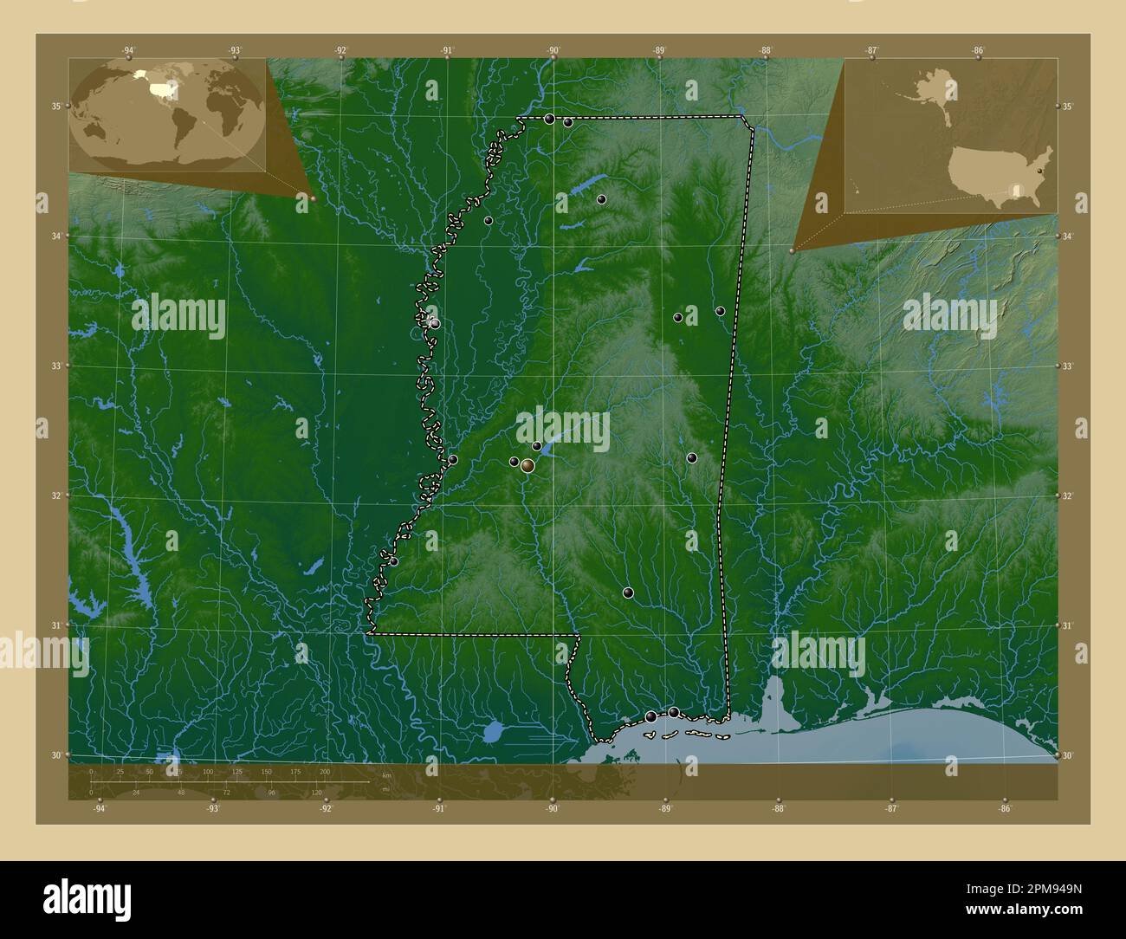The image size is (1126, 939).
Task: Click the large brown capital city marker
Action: (527, 466)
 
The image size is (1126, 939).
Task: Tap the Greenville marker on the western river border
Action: (435, 323)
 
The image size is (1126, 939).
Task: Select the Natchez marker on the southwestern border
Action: (393, 561)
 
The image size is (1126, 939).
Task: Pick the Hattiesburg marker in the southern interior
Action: (628, 593)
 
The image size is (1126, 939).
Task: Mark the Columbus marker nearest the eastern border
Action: (720, 310)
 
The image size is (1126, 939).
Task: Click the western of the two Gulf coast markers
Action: (650, 716)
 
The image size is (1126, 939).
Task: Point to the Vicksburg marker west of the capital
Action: (453, 460)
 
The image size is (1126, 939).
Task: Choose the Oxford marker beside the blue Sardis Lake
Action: (601, 199)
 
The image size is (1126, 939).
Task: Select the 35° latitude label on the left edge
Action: (55, 107)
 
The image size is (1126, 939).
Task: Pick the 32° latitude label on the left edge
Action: (55, 495)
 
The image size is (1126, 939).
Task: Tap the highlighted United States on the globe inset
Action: (161, 87)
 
